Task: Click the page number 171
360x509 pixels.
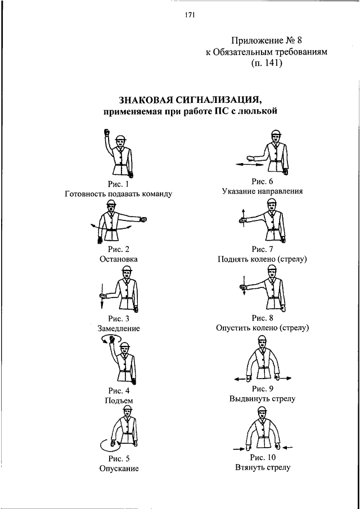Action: click(x=189, y=16)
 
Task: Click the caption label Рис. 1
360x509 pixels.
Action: click(x=118, y=183)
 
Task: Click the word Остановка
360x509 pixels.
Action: click(x=118, y=259)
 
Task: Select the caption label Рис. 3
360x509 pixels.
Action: click(x=118, y=318)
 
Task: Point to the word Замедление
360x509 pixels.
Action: click(x=118, y=328)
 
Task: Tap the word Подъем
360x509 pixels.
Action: click(x=118, y=400)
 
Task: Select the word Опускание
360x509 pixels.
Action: click(x=118, y=468)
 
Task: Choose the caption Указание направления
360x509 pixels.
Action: click(x=262, y=191)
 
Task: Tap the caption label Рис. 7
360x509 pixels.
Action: click(x=262, y=249)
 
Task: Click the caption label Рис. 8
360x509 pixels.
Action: click(x=262, y=318)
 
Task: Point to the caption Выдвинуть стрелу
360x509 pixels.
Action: click(x=262, y=399)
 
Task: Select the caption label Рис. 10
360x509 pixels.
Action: click(x=262, y=457)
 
